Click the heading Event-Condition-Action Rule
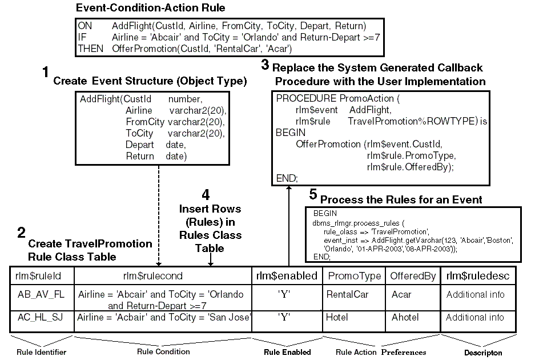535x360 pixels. (x=151, y=8)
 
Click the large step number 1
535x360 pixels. (x=46, y=73)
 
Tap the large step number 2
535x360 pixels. (x=21, y=233)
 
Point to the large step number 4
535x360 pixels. (x=209, y=194)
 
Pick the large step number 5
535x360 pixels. (x=313, y=194)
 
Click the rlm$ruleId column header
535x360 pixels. (x=42, y=276)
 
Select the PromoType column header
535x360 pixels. (x=353, y=276)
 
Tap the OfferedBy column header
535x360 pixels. (x=413, y=276)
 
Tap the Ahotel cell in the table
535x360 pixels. (x=405, y=317)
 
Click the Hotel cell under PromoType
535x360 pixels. (x=337, y=317)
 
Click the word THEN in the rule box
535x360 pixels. (x=90, y=49)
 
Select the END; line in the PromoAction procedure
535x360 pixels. (x=287, y=178)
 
